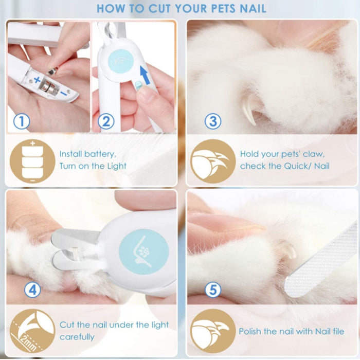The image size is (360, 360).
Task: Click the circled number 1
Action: pyautogui.click(x=22, y=121)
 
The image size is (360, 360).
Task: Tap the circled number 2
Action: pyautogui.click(x=106, y=121)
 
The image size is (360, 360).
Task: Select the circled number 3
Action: pyautogui.click(x=213, y=121)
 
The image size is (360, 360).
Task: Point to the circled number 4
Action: pyautogui.click(x=32, y=290)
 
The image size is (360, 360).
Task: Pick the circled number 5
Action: pyautogui.click(x=213, y=290)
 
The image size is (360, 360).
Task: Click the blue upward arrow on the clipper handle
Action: pyautogui.click(x=145, y=74)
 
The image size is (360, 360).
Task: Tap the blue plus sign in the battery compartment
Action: pyautogui.click(x=37, y=80)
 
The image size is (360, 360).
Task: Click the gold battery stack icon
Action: pyautogui.click(x=32, y=161)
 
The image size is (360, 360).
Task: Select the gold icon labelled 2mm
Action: pyautogui.click(x=32, y=331)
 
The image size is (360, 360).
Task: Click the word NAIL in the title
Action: pyautogui.click(x=253, y=9)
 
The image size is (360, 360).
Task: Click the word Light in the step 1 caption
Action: pyautogui.click(x=117, y=166)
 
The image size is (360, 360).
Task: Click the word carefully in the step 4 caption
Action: pyautogui.click(x=77, y=337)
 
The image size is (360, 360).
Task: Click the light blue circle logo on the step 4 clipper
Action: pyautogui.click(x=143, y=251)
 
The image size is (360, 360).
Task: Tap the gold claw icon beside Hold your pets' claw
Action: pyautogui.click(x=213, y=161)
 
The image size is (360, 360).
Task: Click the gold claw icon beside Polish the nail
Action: pyautogui.click(x=213, y=331)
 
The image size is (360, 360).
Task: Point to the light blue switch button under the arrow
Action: pyautogui.click(x=138, y=85)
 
